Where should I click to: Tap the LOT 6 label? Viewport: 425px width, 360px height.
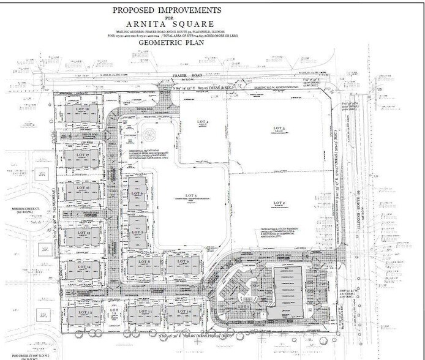(137, 193)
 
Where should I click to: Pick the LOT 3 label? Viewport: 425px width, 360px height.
(280, 128)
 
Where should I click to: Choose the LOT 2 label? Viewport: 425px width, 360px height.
(280, 203)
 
